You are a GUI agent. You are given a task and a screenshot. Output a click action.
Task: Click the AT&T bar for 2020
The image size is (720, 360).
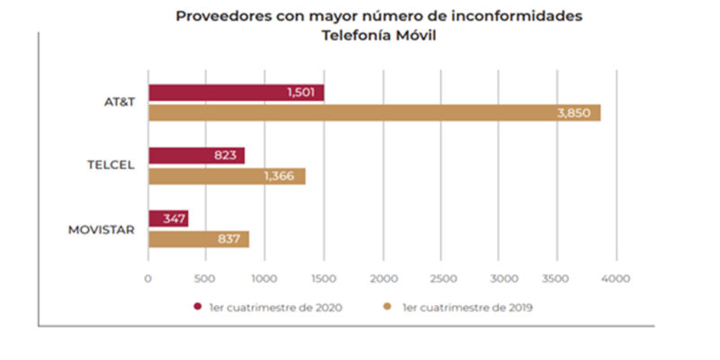pyautogui.click(x=236, y=93)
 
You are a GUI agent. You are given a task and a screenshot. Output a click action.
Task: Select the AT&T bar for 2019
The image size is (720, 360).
pyautogui.click(x=373, y=113)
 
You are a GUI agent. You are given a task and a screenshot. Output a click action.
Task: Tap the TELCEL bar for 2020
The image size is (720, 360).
pyautogui.click(x=196, y=156)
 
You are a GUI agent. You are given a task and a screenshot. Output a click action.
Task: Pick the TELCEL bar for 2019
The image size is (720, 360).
pyautogui.click(x=227, y=176)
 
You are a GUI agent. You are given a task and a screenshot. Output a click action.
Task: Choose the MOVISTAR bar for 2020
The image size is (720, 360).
pyautogui.click(x=168, y=219)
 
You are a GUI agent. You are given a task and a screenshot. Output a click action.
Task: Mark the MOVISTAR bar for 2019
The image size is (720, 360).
pyautogui.click(x=198, y=239)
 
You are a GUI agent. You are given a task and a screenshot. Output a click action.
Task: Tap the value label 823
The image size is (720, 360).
pyautogui.click(x=225, y=156)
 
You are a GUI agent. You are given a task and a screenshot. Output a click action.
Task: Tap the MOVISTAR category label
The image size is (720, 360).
pyautogui.click(x=102, y=229)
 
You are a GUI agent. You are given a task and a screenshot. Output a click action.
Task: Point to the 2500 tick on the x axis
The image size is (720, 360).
pyautogui.click(x=442, y=278)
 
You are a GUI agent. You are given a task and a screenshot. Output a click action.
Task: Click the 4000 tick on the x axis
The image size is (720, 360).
pyautogui.click(x=616, y=278)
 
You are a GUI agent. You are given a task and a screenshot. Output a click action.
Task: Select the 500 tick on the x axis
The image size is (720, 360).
pyautogui.click(x=207, y=278)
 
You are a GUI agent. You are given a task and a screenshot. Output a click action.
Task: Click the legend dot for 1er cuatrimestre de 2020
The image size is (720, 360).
pyautogui.click(x=195, y=307)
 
